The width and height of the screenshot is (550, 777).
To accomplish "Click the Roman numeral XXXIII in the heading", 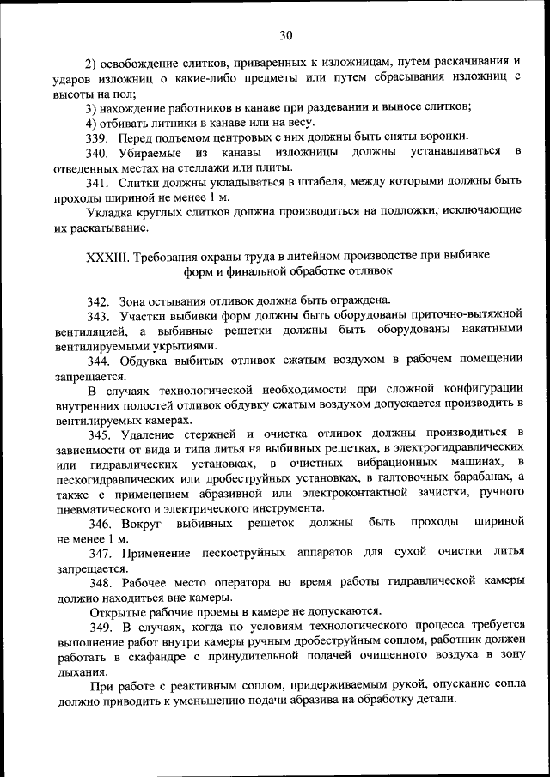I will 107,258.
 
